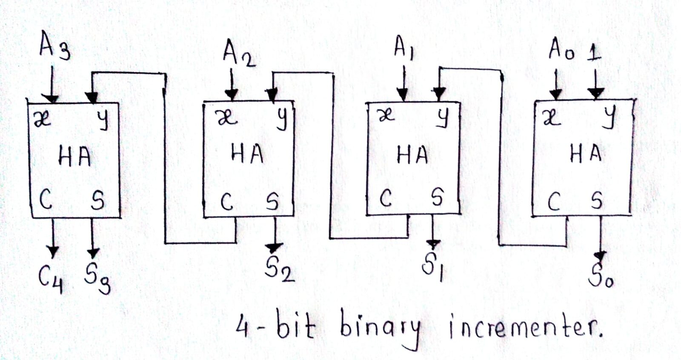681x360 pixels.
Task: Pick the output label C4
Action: tap(50, 278)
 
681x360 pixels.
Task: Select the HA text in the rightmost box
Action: tap(586, 153)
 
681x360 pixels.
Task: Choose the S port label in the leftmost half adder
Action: tap(97, 200)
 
